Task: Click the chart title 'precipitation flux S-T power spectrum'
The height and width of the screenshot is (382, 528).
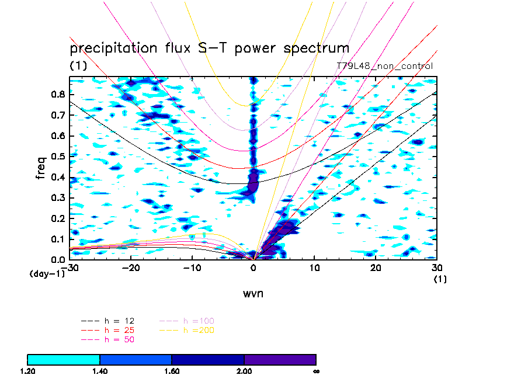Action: pyautogui.click(x=209, y=48)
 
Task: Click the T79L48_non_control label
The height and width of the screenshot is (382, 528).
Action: pyautogui.click(x=384, y=66)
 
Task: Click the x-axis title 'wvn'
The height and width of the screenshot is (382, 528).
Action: pyautogui.click(x=253, y=293)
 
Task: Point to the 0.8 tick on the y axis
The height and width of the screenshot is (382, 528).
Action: pyautogui.click(x=58, y=95)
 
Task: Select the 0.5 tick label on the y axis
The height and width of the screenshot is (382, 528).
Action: pyautogui.click(x=58, y=157)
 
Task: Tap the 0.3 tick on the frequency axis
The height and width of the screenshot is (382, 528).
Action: pyautogui.click(x=58, y=198)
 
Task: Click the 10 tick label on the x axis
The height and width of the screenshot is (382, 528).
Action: pyautogui.click(x=314, y=268)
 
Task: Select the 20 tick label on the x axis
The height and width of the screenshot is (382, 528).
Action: pyautogui.click(x=376, y=268)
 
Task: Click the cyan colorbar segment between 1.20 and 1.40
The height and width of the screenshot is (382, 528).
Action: pyautogui.click(x=64, y=359)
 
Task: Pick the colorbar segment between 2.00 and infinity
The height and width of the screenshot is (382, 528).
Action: pyautogui.click(x=280, y=359)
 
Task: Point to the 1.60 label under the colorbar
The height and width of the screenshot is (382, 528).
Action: pyautogui.click(x=172, y=371)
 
